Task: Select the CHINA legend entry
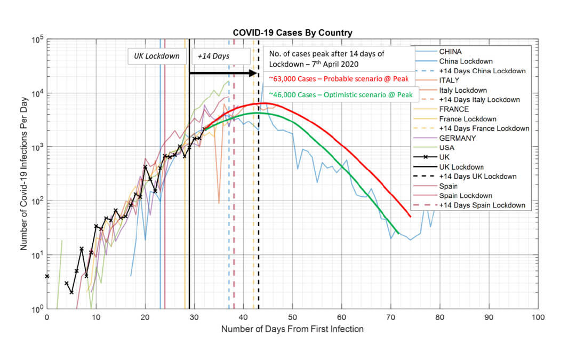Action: [x=451, y=52]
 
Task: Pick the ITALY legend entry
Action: [x=449, y=81]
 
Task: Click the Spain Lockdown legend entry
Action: [x=466, y=196]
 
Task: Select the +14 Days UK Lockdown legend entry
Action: [x=478, y=177]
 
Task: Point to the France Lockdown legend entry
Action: [x=468, y=119]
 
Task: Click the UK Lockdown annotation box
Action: [x=156, y=56]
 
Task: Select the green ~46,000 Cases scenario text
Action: [x=341, y=94]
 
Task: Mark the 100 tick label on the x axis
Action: [x=538, y=317]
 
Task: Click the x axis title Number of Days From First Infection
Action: [x=292, y=329]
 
